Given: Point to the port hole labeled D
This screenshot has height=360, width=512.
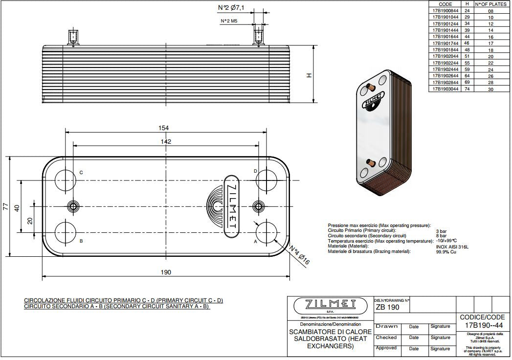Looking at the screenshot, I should (267, 180).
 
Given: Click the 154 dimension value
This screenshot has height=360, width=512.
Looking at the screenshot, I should (164, 128).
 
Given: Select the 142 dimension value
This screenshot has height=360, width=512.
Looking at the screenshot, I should (166, 141).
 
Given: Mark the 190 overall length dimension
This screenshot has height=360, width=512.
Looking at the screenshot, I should (166, 272).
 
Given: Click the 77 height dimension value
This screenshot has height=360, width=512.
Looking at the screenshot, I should (5, 206).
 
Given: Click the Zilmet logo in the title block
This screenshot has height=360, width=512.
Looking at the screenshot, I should (330, 305).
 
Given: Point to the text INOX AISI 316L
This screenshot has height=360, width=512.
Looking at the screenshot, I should (452, 247).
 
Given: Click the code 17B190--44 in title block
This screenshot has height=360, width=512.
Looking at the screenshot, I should (484, 325).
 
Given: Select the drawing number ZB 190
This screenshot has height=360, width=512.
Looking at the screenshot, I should (387, 308).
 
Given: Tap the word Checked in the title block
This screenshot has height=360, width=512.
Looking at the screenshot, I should (386, 337).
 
